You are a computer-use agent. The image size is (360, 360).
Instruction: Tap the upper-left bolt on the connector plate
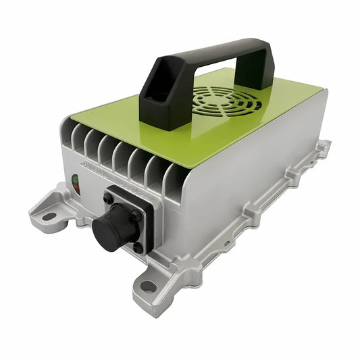tap(107, 199)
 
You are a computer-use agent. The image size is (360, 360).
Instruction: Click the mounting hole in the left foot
tap(49, 217)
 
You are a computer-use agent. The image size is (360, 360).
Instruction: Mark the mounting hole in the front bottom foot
tap(148, 286)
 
